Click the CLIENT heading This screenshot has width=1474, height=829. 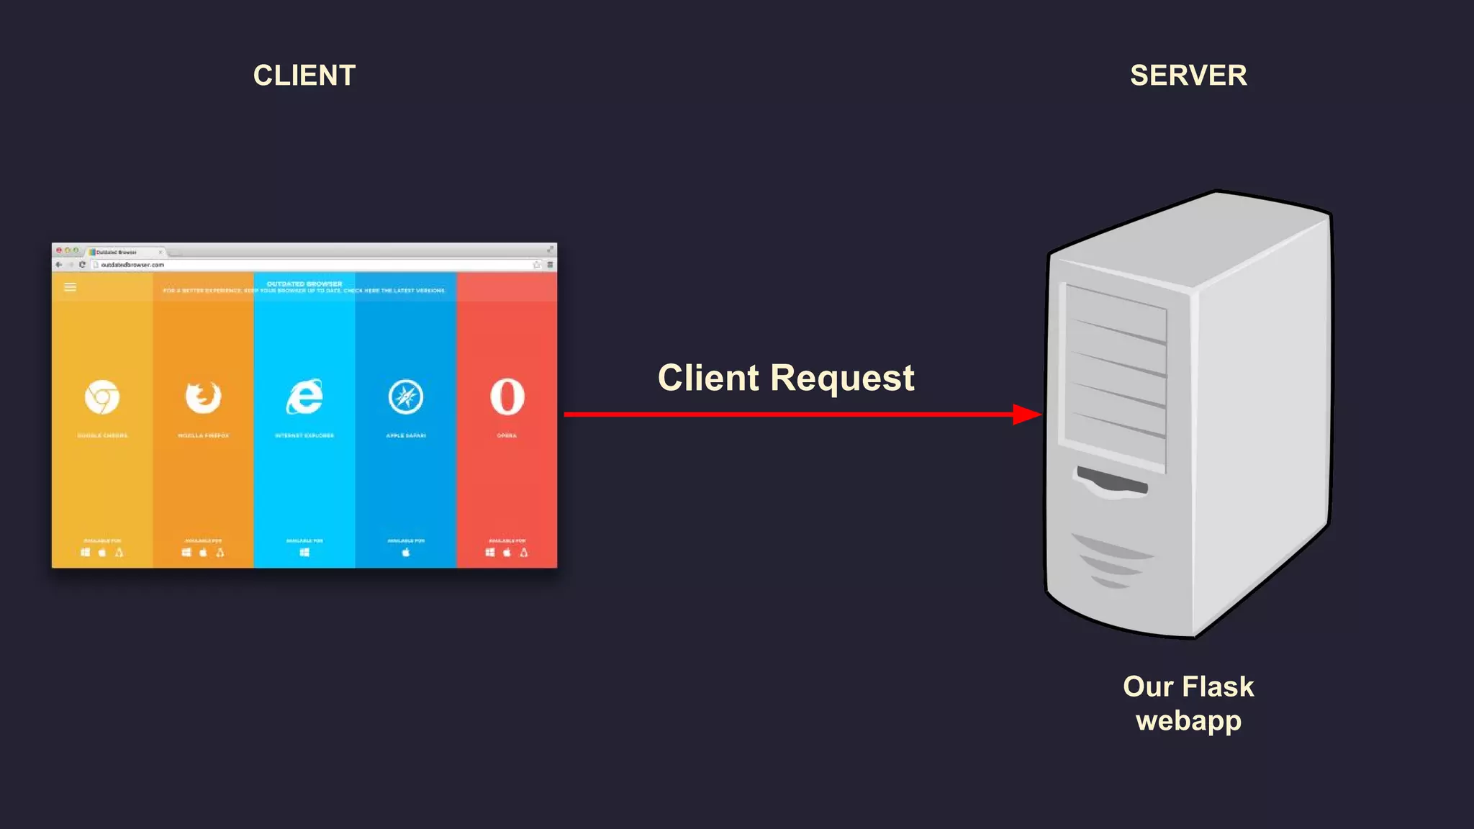coord(304,76)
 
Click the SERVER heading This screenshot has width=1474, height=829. coord(1188,76)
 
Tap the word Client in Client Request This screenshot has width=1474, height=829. coord(708,378)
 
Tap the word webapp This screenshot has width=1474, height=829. coord(1188,721)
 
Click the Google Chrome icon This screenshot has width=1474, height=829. coord(102,397)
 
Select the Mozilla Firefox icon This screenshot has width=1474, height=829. coord(203,397)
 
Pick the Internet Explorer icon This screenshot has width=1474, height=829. coord(304,397)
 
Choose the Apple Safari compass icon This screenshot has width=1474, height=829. coord(406,397)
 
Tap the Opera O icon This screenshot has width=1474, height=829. coord(507,397)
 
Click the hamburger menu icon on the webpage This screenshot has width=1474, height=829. coord(71,287)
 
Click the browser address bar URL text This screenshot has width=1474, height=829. coord(132,265)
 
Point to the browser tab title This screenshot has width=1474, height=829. coord(117,252)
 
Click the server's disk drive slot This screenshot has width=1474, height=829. coord(1111,481)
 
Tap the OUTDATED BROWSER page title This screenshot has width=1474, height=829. coord(304,284)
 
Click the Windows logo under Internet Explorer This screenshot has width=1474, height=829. coord(304,552)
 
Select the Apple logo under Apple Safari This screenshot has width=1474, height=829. coord(406,552)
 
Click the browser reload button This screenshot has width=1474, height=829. coord(82,265)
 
